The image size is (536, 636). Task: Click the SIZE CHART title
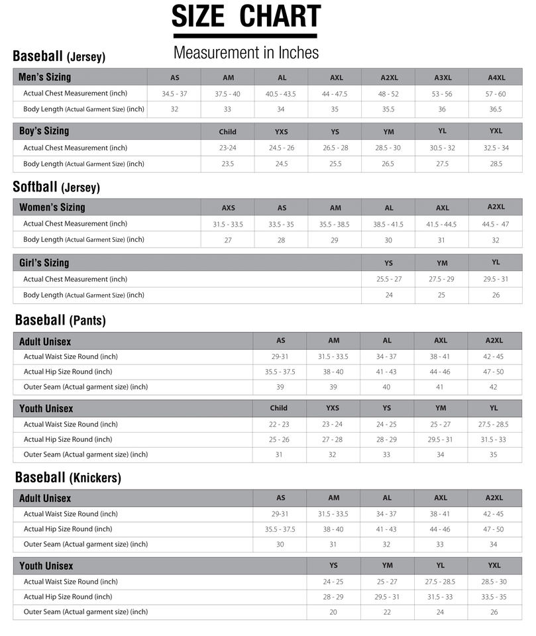tap(246, 17)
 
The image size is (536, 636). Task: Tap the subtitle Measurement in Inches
tap(246, 52)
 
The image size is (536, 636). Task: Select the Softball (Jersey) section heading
tap(56, 187)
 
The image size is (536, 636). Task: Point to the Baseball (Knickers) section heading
tap(68, 478)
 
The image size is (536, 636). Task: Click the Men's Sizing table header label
tap(44, 77)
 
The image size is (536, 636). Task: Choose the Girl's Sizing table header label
tap(44, 263)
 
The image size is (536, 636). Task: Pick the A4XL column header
tap(496, 78)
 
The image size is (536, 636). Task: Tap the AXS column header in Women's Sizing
tap(228, 208)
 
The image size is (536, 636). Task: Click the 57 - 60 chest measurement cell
tap(496, 94)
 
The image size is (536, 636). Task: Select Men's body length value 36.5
tap(496, 109)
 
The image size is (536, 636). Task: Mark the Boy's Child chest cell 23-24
tap(228, 148)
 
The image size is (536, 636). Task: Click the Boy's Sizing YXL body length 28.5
tap(496, 164)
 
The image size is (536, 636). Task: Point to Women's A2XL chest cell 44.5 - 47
tap(496, 225)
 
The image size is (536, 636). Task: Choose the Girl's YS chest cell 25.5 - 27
tap(389, 280)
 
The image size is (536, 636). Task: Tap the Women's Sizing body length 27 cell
tap(228, 240)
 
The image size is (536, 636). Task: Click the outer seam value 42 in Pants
tap(494, 387)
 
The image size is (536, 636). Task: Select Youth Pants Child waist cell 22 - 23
tap(279, 425)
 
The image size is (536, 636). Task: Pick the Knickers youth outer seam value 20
tap(333, 612)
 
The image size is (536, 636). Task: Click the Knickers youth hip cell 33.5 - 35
tap(494, 597)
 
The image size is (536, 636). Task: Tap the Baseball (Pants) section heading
tap(60, 321)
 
